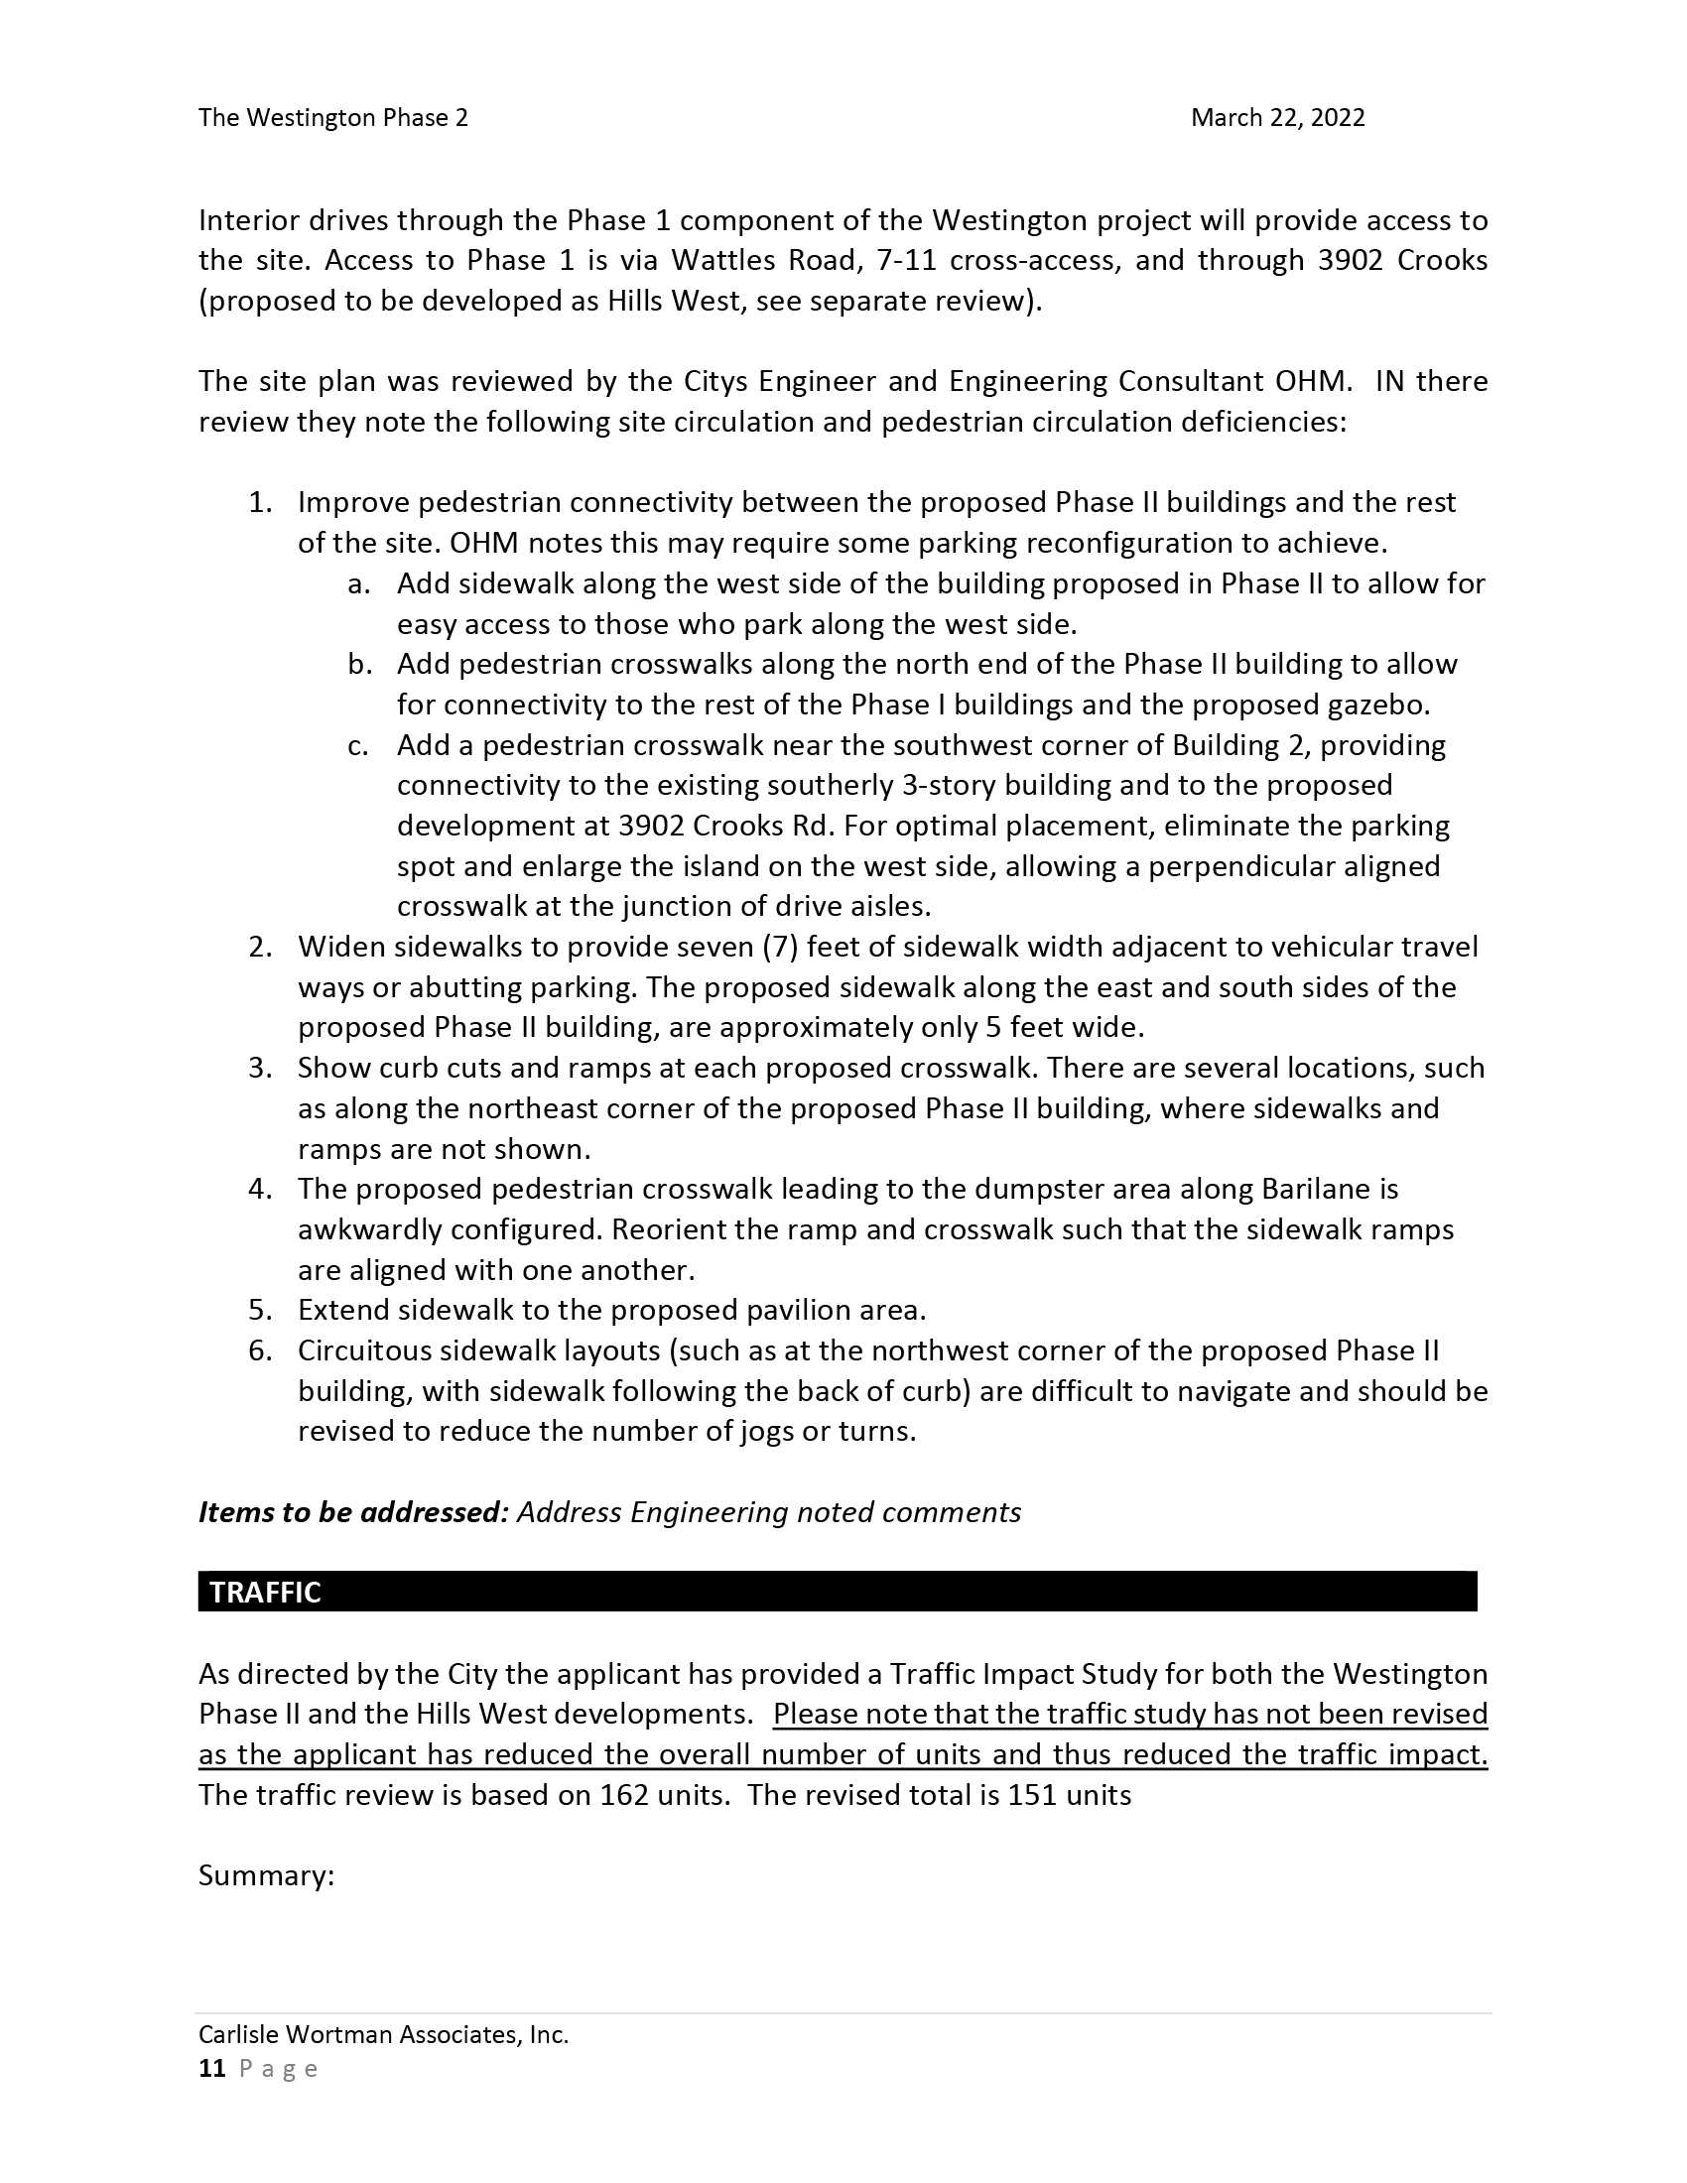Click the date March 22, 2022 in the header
[x=1276, y=118]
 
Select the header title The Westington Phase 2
[x=332, y=118]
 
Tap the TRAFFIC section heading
[x=265, y=1593]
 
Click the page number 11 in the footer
[x=212, y=2069]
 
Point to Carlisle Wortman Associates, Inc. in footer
[x=383, y=2034]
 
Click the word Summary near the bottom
[x=265, y=1875]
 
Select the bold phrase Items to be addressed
[x=354, y=1512]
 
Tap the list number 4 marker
[x=260, y=1190]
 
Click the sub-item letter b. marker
[x=360, y=665]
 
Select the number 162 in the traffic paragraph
[x=624, y=1795]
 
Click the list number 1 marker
[x=260, y=503]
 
